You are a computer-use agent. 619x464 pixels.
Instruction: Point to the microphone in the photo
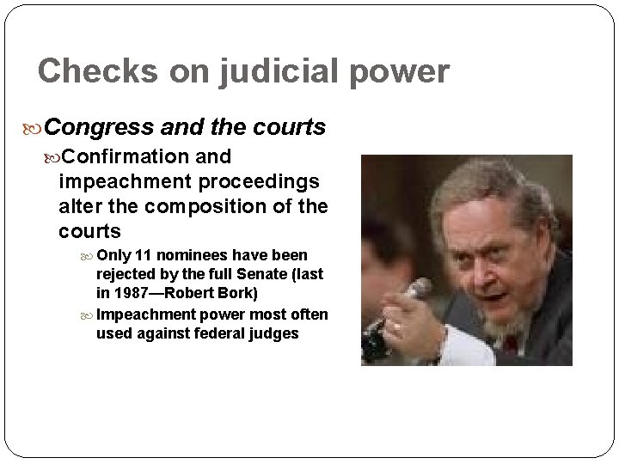coord(416,292)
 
